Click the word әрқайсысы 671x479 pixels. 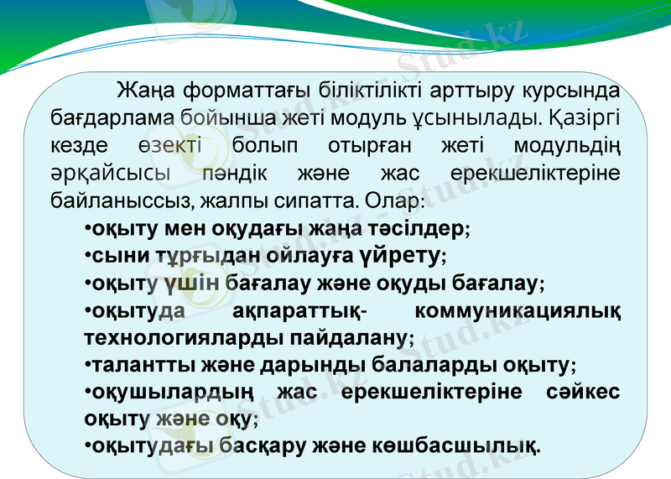(108, 174)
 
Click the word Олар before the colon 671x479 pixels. (399, 201)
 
